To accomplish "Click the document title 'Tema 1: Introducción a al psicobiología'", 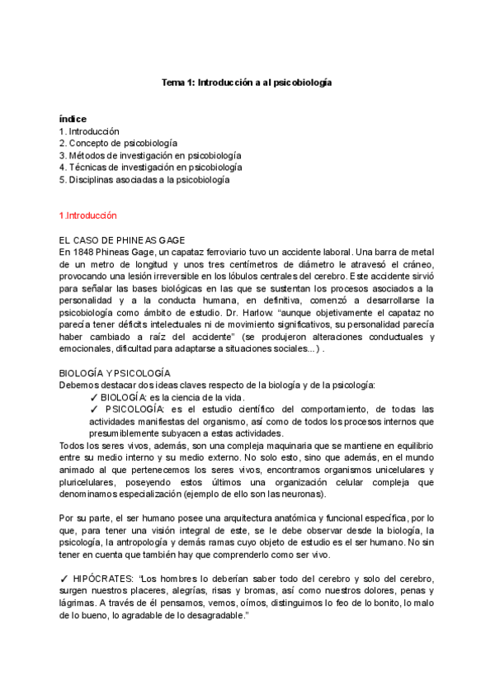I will (x=246, y=83).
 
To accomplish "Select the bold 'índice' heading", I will (x=73, y=119).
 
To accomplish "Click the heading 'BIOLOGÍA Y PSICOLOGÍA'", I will (x=115, y=373).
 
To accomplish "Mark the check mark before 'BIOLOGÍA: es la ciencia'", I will (x=93, y=397).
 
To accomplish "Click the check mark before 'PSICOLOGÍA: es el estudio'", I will (x=94, y=409).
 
